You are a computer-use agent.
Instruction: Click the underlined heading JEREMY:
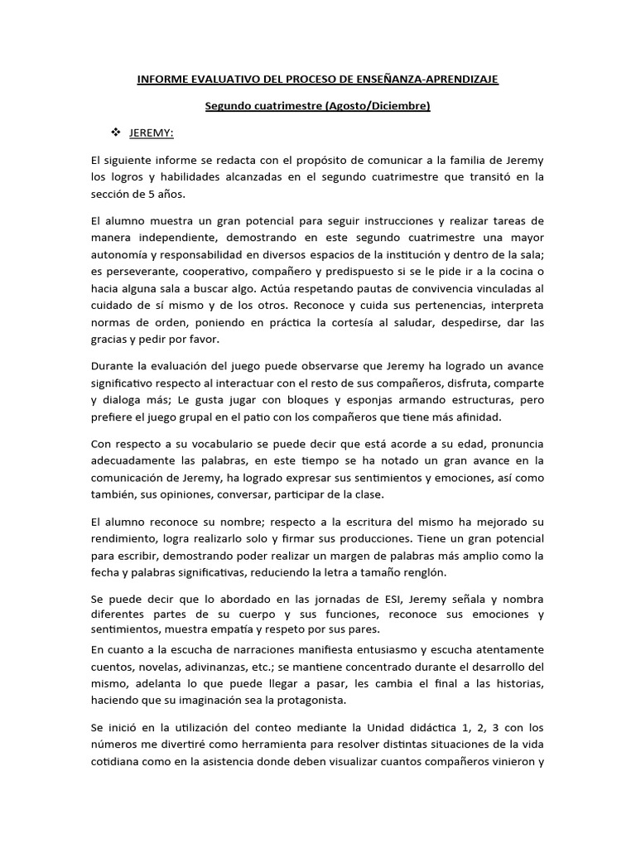tap(151, 132)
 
